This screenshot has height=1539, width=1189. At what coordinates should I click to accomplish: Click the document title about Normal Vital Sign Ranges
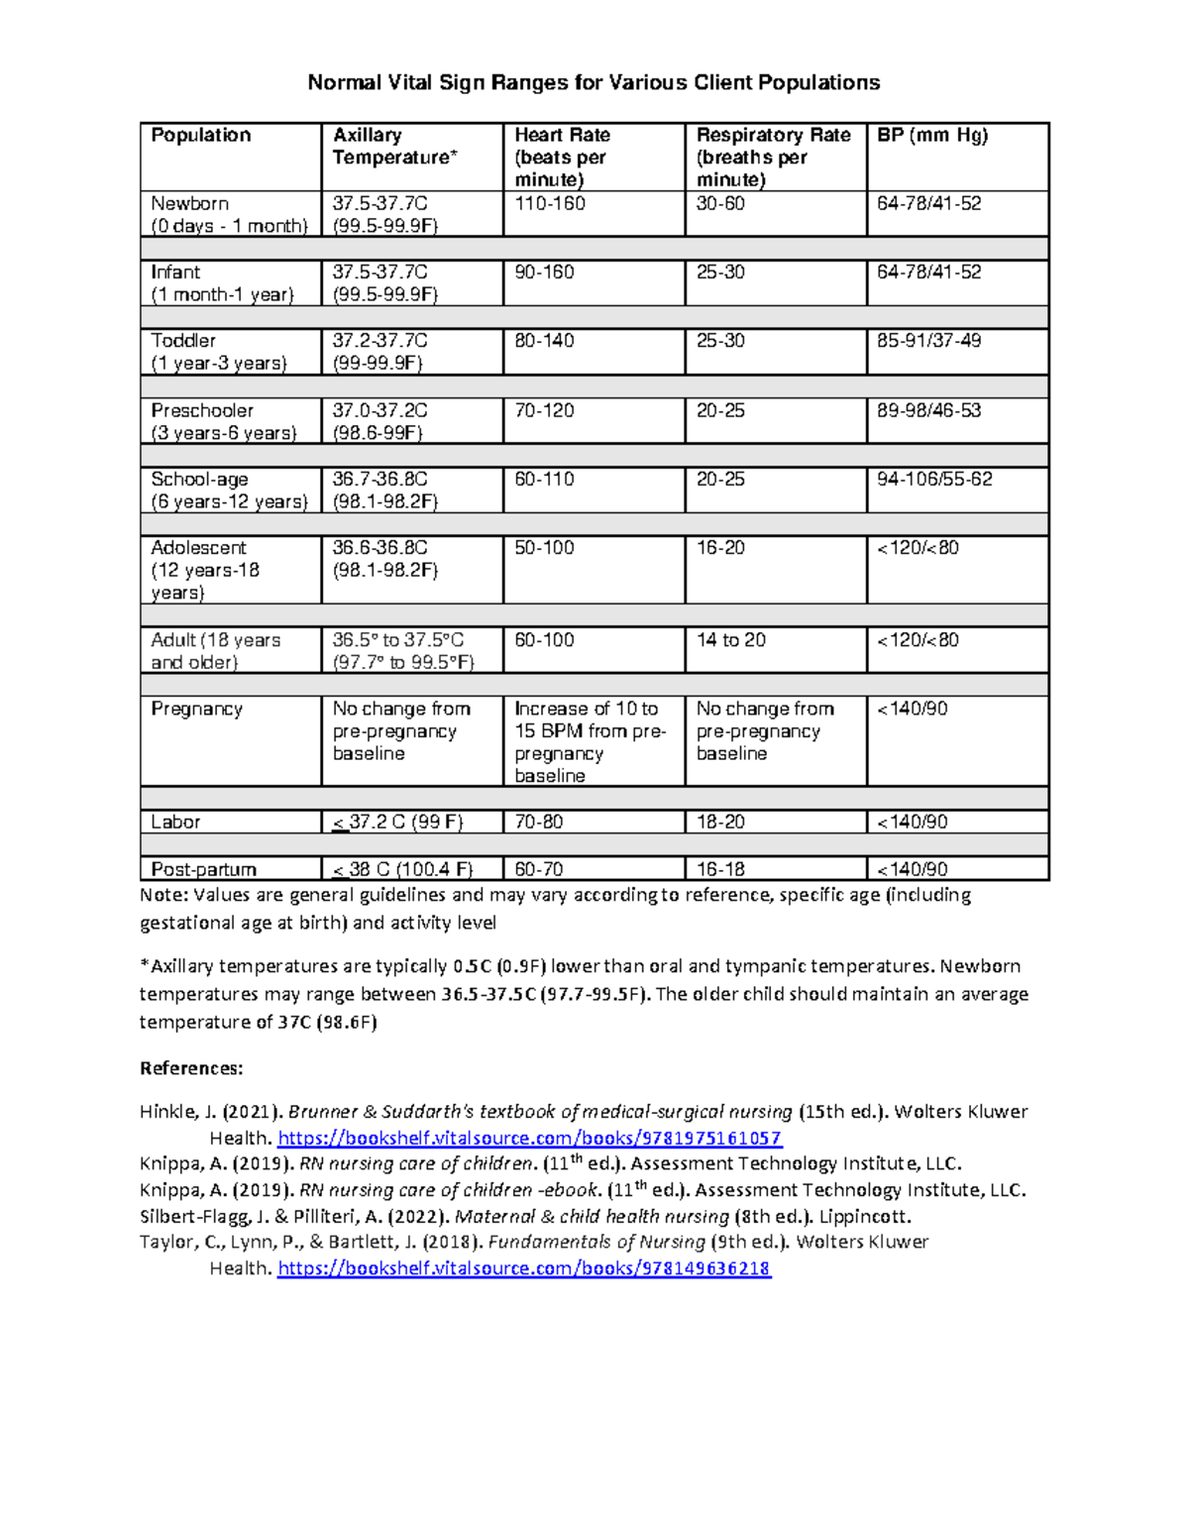[x=594, y=82]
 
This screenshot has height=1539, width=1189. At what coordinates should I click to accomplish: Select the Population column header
[x=201, y=136]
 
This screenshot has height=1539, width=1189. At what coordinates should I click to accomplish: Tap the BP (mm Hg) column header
[x=932, y=136]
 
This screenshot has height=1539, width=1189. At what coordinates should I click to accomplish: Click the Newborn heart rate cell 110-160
[x=550, y=204]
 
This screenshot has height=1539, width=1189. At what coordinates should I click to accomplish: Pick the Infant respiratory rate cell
[x=720, y=273]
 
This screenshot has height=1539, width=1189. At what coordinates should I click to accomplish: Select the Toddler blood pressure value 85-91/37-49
[x=928, y=341]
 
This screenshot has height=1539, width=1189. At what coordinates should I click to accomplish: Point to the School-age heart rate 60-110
[x=545, y=480]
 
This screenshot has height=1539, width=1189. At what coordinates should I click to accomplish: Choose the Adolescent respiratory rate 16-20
[x=720, y=548]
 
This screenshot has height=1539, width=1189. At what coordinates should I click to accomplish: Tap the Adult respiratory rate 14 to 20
[x=730, y=640]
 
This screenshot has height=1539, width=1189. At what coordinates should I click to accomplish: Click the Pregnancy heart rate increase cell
[x=590, y=742]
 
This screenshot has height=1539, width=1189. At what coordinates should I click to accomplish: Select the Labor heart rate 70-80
[x=539, y=823]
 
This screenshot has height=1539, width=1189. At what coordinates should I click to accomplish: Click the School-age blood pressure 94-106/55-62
[x=934, y=480]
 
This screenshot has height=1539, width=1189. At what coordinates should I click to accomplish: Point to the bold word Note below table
[x=163, y=896]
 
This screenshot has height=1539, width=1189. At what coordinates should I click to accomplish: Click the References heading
[x=191, y=1068]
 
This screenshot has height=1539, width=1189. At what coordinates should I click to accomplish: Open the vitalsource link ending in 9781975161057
[x=529, y=1138]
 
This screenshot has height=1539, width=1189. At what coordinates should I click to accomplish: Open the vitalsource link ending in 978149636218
[x=523, y=1268]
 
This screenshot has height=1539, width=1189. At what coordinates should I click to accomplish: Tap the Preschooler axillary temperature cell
[x=379, y=421]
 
